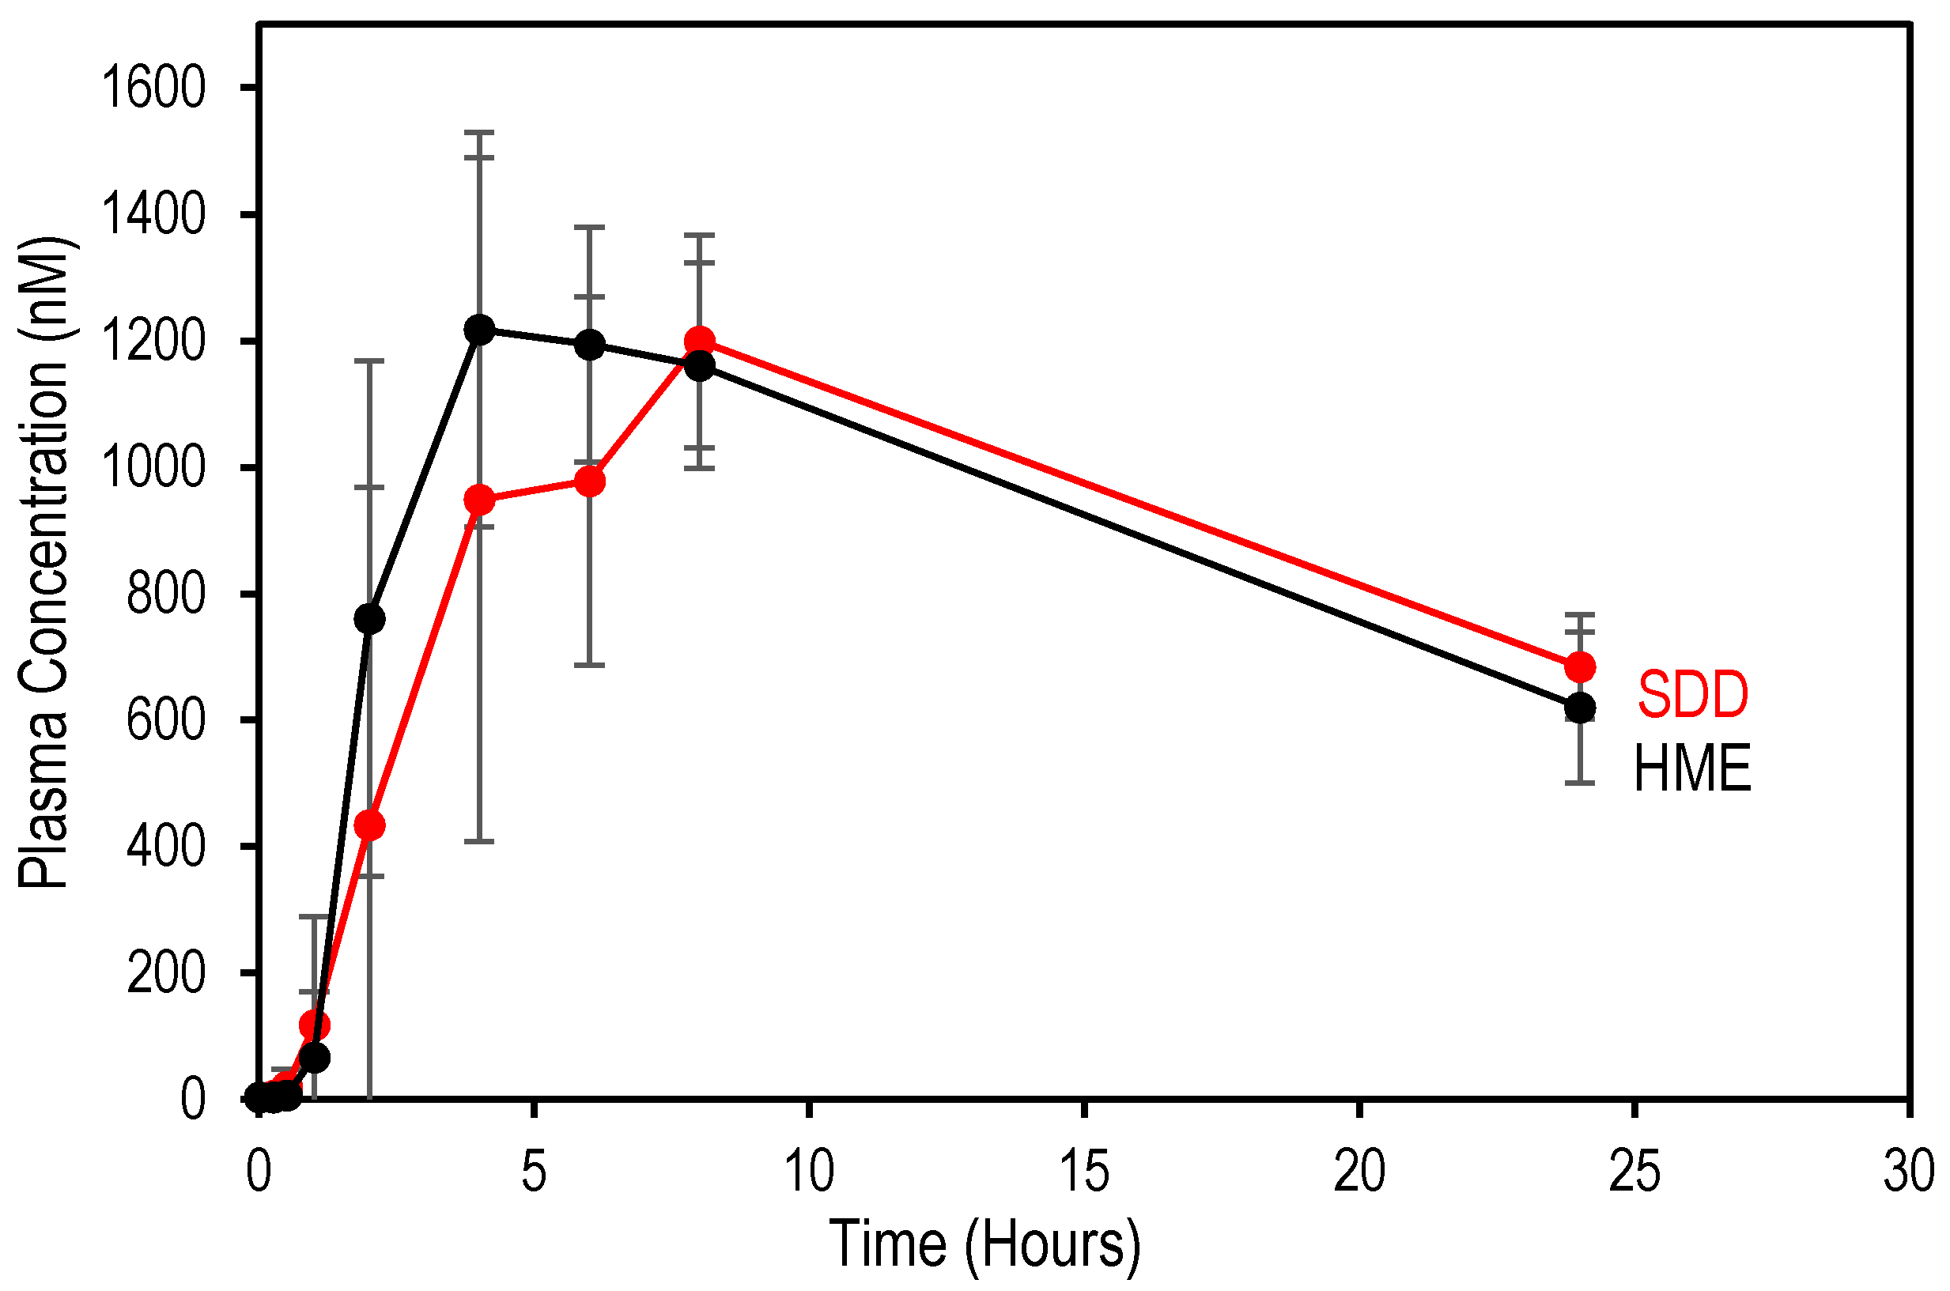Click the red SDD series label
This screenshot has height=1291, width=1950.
pyautogui.click(x=1691, y=696)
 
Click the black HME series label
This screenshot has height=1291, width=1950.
pyautogui.click(x=1691, y=770)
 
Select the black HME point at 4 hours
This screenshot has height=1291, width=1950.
pyautogui.click(x=479, y=330)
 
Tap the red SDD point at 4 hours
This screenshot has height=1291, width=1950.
pyautogui.click(x=479, y=500)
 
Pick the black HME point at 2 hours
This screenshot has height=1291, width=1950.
pyautogui.click(x=369, y=619)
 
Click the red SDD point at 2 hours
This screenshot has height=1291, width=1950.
pyautogui.click(x=369, y=825)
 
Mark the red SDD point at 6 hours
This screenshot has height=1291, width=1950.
pyautogui.click(x=590, y=481)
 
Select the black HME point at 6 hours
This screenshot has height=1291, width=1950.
pyautogui.click(x=590, y=344)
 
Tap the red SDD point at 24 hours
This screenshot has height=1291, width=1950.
pyautogui.click(x=1579, y=667)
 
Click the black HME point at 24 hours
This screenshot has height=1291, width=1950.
pyautogui.click(x=1579, y=708)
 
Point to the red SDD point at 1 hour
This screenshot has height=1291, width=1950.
pyautogui.click(x=315, y=1026)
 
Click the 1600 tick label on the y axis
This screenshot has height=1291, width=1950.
pyautogui.click(x=153, y=89)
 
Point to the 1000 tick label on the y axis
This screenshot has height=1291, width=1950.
pyautogui.click(x=153, y=469)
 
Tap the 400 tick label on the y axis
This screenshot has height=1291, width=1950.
pyautogui.click(x=164, y=847)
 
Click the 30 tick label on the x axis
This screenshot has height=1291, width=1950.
pyautogui.click(x=1909, y=1172)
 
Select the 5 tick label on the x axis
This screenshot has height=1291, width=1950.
pyautogui.click(x=535, y=1172)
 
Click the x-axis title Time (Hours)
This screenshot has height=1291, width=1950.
pyautogui.click(x=984, y=1245)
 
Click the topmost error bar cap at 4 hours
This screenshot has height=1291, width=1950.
pyautogui.click(x=479, y=132)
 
